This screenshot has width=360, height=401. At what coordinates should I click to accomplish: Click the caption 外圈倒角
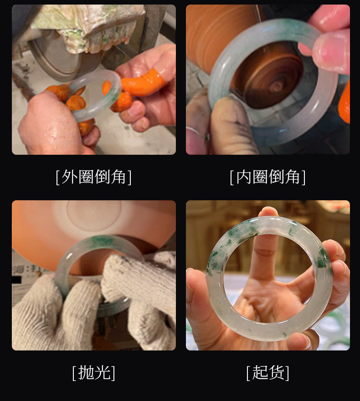click(x=94, y=177)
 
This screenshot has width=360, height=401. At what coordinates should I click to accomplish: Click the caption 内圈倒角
click(x=268, y=177)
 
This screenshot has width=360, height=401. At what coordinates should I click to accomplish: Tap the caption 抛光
click(x=94, y=373)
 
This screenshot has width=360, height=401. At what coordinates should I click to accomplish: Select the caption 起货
click(x=268, y=373)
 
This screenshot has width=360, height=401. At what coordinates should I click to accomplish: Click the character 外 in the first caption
click(x=69, y=177)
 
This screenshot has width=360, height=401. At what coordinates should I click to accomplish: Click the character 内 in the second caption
click(x=243, y=177)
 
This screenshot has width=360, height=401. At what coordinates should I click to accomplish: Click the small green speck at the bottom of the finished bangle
click(x=284, y=334)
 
